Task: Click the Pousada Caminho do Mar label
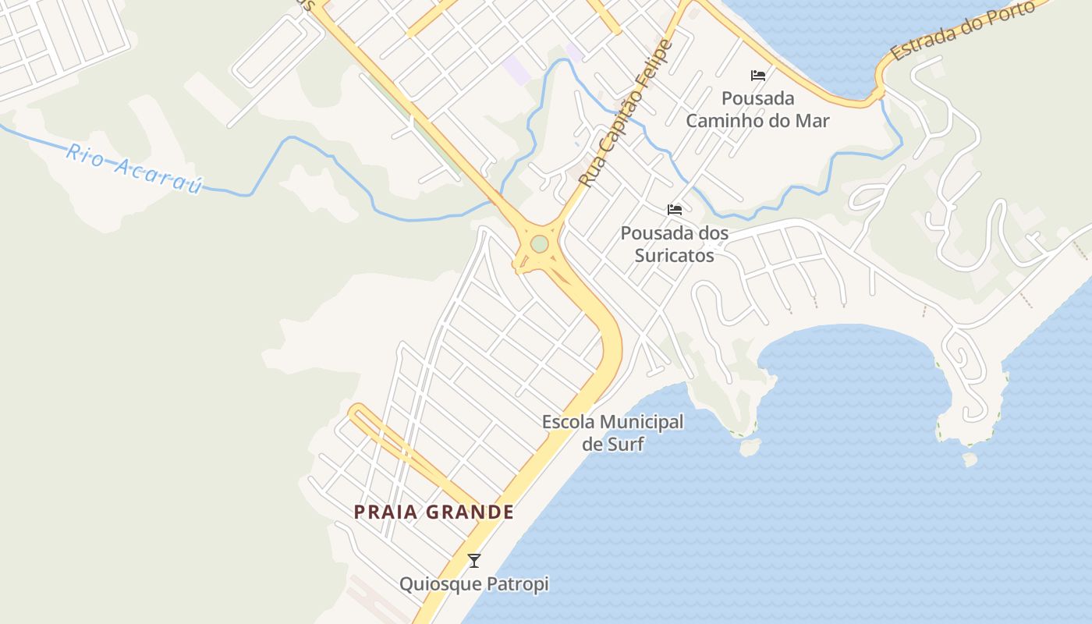(x=757, y=110)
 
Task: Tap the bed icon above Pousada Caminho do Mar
(x=758, y=76)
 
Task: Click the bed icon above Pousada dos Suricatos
(x=675, y=210)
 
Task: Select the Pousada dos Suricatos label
(x=675, y=244)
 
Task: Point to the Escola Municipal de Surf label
(x=612, y=433)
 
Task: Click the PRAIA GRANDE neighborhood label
(x=434, y=512)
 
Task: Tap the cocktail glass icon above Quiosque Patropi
(x=473, y=560)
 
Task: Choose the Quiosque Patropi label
(x=474, y=584)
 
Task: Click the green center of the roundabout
(x=539, y=244)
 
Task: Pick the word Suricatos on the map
(x=675, y=255)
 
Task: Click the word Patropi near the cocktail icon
(x=517, y=584)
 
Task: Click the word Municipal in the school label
(x=636, y=423)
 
